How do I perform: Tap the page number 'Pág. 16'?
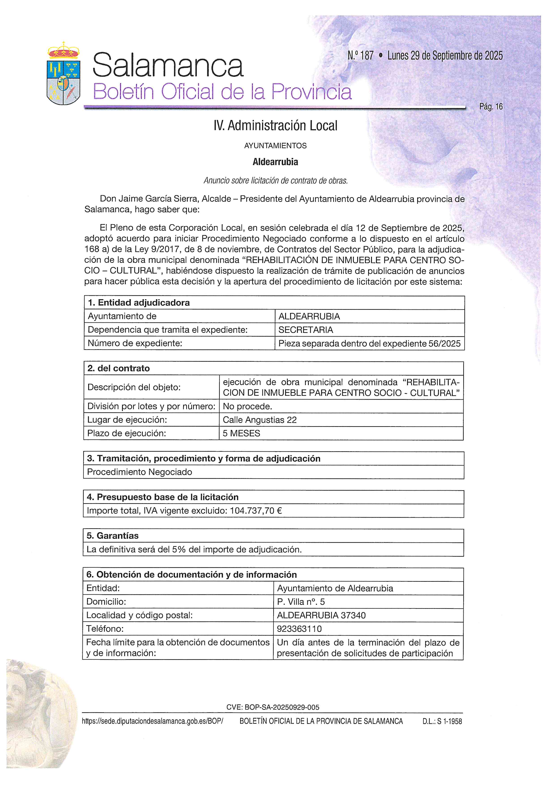pos(491,107)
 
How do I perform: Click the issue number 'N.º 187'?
pos(361,55)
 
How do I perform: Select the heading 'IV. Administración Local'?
pos(275,126)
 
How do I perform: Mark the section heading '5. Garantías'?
pos(112,535)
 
